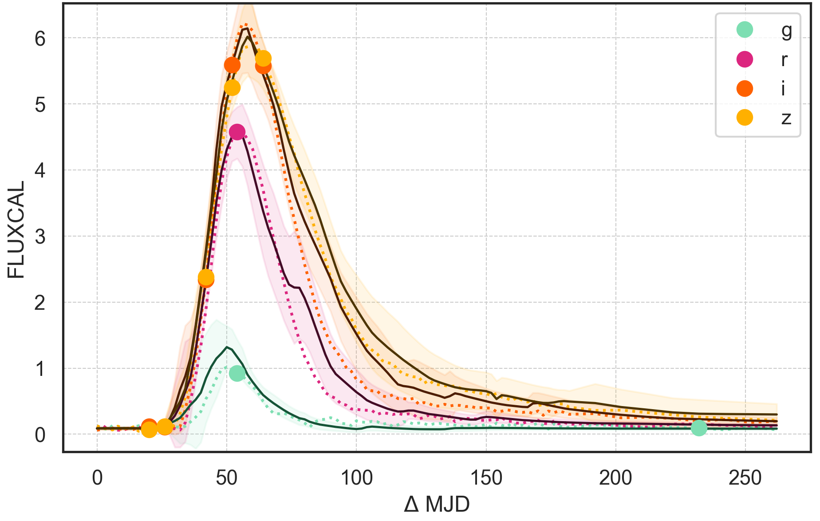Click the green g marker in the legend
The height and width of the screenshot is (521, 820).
coord(745,30)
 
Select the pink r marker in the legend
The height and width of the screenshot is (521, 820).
coord(745,59)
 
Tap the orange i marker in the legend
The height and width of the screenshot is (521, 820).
coord(745,88)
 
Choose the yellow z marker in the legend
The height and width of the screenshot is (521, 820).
coord(745,118)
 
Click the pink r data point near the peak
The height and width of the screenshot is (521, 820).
coord(237,132)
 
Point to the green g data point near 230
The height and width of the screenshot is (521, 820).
coord(699,428)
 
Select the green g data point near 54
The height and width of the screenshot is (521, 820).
coord(237,373)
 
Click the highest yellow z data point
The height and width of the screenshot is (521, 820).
coord(263,58)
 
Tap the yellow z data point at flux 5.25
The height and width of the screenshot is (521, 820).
coord(232,87)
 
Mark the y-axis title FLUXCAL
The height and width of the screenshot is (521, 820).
coord(16,229)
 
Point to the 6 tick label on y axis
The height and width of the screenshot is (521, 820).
coord(40,39)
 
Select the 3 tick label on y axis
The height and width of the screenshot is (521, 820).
coord(40,237)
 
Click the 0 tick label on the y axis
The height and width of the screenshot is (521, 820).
coord(40,435)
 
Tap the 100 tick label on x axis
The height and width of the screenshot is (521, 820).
coord(356,478)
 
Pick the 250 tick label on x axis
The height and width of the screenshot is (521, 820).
coord(745,478)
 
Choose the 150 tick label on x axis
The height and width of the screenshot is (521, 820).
coord(486,478)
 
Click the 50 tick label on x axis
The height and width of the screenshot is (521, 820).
coord(227,478)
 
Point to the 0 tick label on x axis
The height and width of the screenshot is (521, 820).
coord(97,478)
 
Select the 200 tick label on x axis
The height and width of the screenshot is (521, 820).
coord(615,478)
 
